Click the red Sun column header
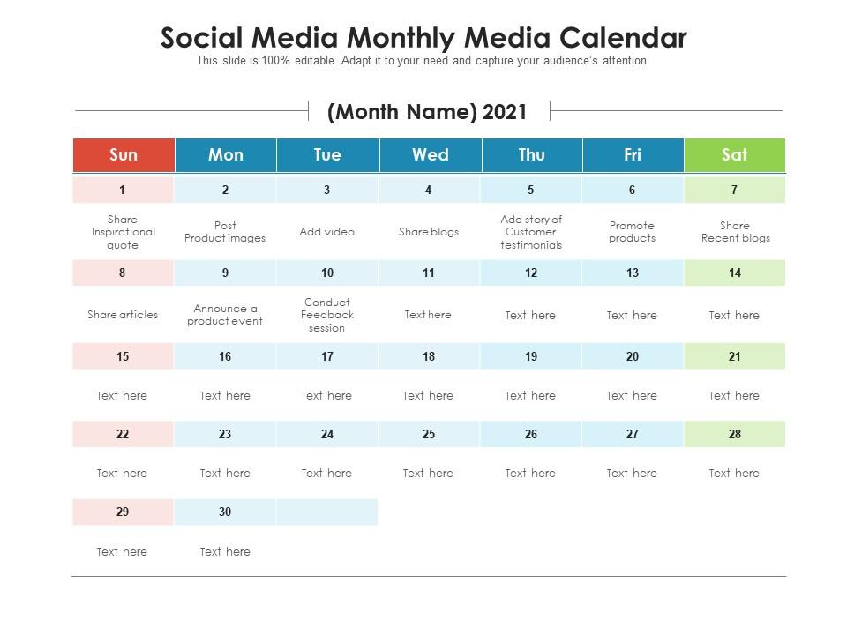click(124, 155)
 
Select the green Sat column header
click(735, 155)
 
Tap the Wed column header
click(431, 155)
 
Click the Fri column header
click(633, 155)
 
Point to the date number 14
click(735, 273)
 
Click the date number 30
click(225, 512)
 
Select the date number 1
click(122, 190)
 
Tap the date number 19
click(531, 356)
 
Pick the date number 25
click(429, 434)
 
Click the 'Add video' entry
click(326, 232)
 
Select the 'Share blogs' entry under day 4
click(429, 232)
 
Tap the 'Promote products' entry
click(632, 232)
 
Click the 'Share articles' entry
click(123, 315)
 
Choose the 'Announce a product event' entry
click(225, 315)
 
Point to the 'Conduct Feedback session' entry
click(326, 315)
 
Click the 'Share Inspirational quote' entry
click(124, 232)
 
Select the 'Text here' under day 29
click(122, 551)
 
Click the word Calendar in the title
click(623, 38)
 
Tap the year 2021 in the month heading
click(505, 112)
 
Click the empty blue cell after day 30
click(326, 512)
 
